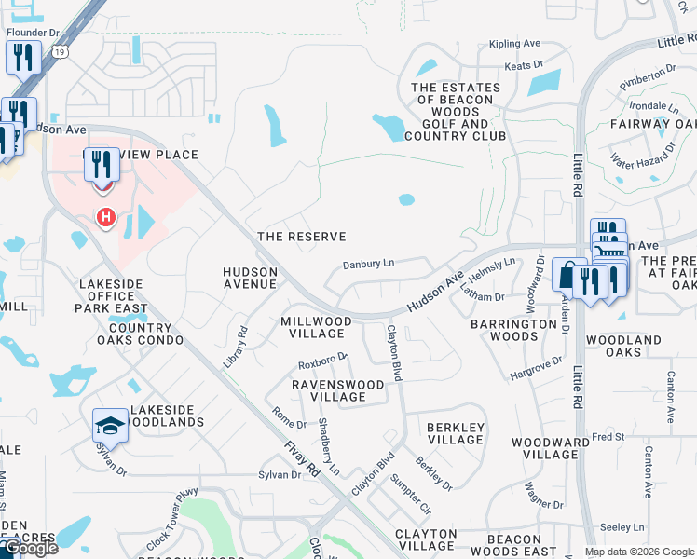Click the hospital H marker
pos(106,218)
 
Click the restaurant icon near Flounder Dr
pos(23,58)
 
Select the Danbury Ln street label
pos(369,264)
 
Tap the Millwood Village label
pos(317,327)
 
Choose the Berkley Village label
pos(456,433)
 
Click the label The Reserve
pos(301,237)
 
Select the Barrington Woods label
pos(513,330)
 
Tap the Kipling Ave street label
pos(514,44)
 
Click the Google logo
pos(30,548)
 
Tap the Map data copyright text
pos(638,552)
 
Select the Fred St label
pos(608,436)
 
